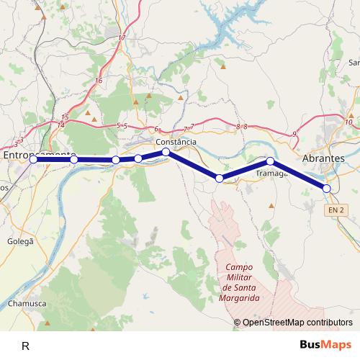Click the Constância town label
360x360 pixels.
[x=176, y=142]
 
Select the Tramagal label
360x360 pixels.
[x=272, y=174]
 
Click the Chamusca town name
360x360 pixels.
[x=28, y=304]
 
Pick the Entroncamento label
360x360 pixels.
[x=40, y=155]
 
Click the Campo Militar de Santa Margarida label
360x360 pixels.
[x=238, y=282]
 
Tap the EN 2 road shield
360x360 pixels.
[x=333, y=210]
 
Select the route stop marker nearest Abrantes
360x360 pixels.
[x=327, y=188]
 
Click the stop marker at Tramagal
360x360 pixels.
[x=270, y=161]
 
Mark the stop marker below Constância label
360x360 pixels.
[x=166, y=152]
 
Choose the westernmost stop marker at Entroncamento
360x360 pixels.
[x=33, y=159]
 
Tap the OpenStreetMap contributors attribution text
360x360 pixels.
[x=297, y=323]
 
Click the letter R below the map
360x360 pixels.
[x=26, y=346]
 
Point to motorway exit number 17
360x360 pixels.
[x=122, y=37]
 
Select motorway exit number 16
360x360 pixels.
[x=98, y=81]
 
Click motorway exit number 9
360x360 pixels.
[x=294, y=134]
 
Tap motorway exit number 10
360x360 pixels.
[x=348, y=122]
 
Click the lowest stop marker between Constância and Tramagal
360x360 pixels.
[x=220, y=178]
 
